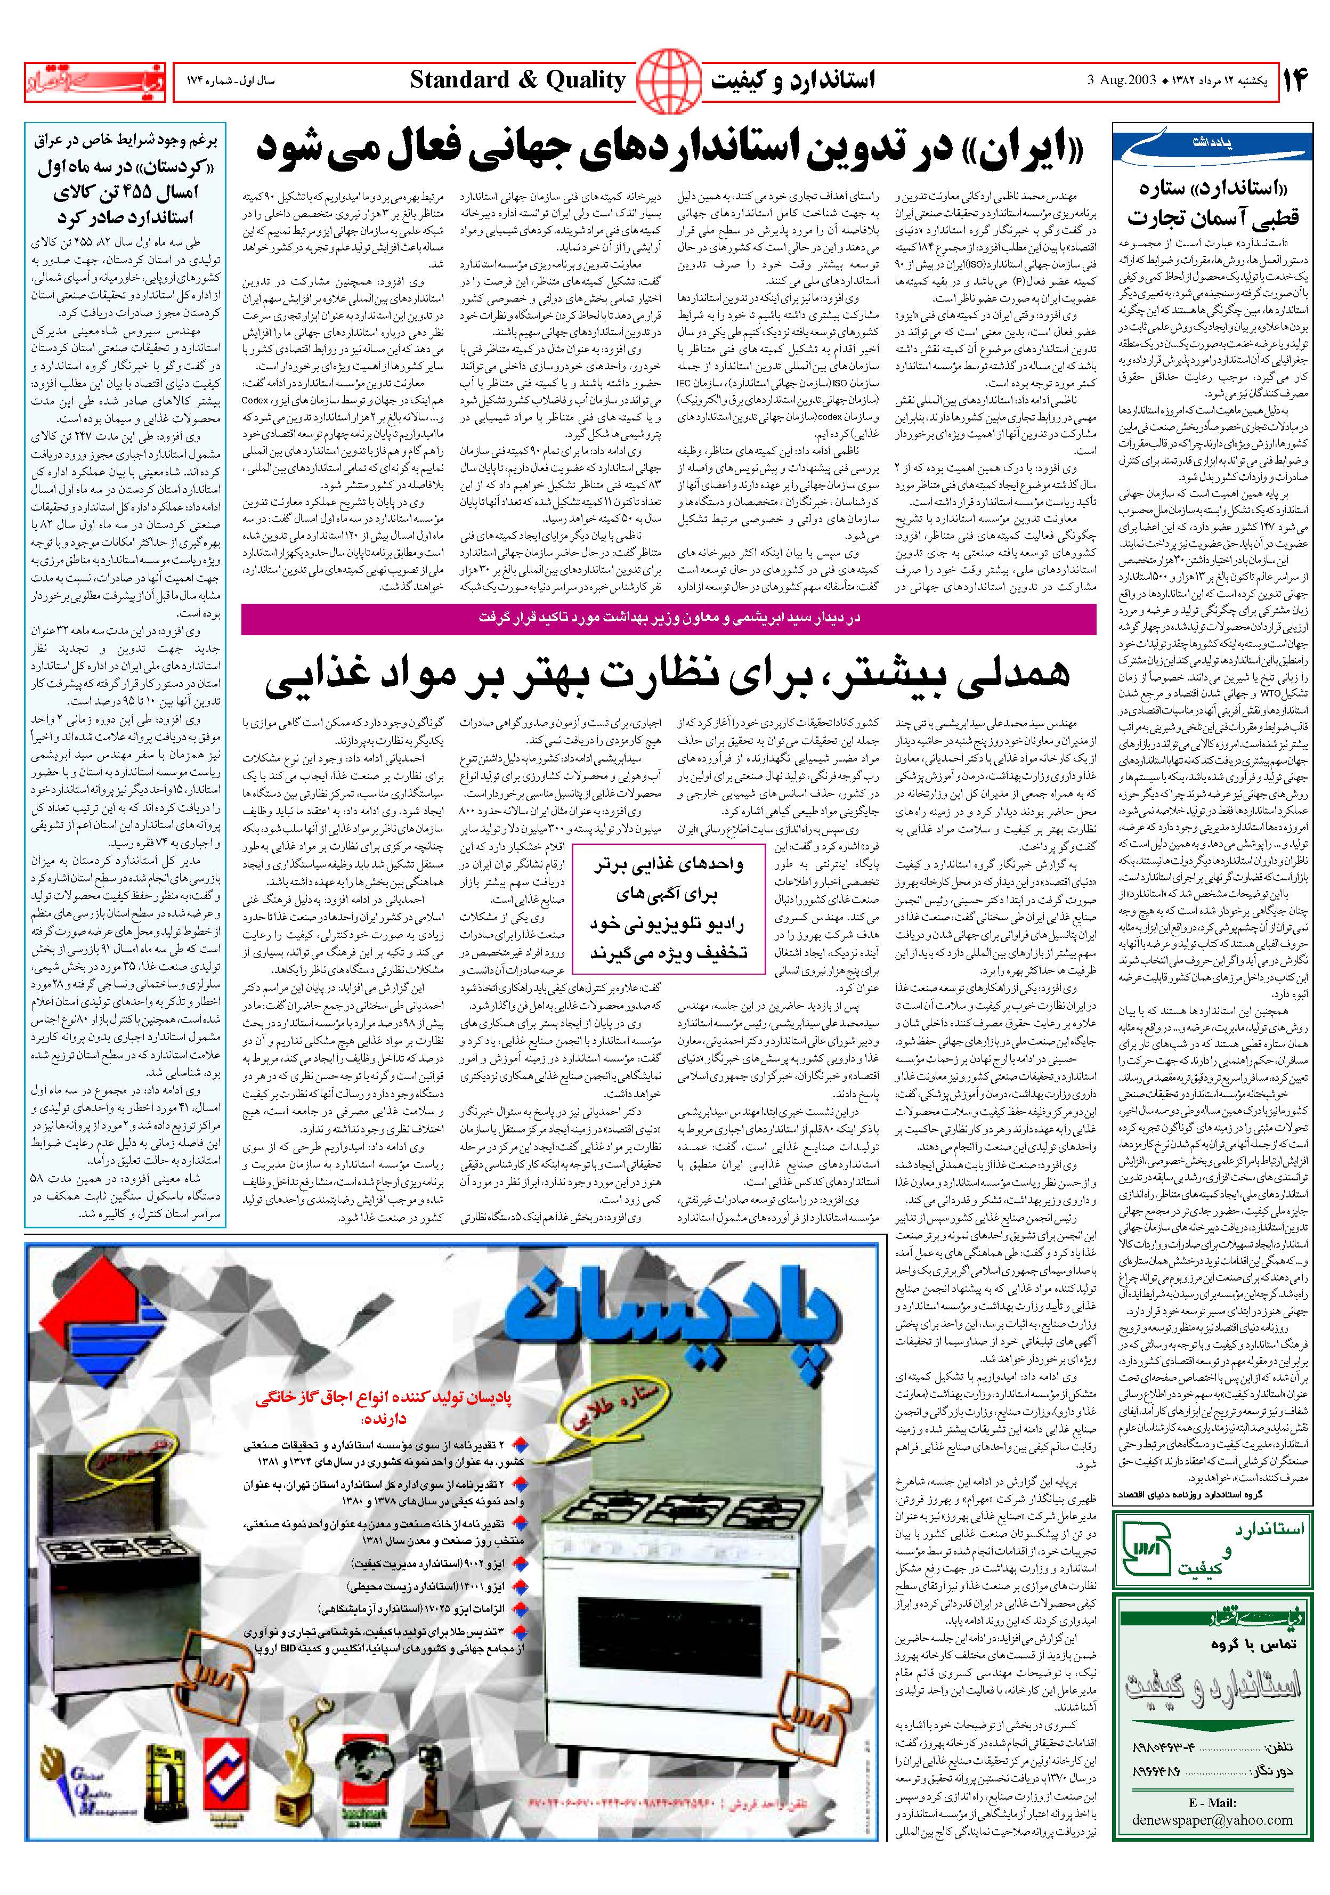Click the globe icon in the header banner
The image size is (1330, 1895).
tap(666, 80)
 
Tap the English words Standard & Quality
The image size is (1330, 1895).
tap(517, 80)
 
